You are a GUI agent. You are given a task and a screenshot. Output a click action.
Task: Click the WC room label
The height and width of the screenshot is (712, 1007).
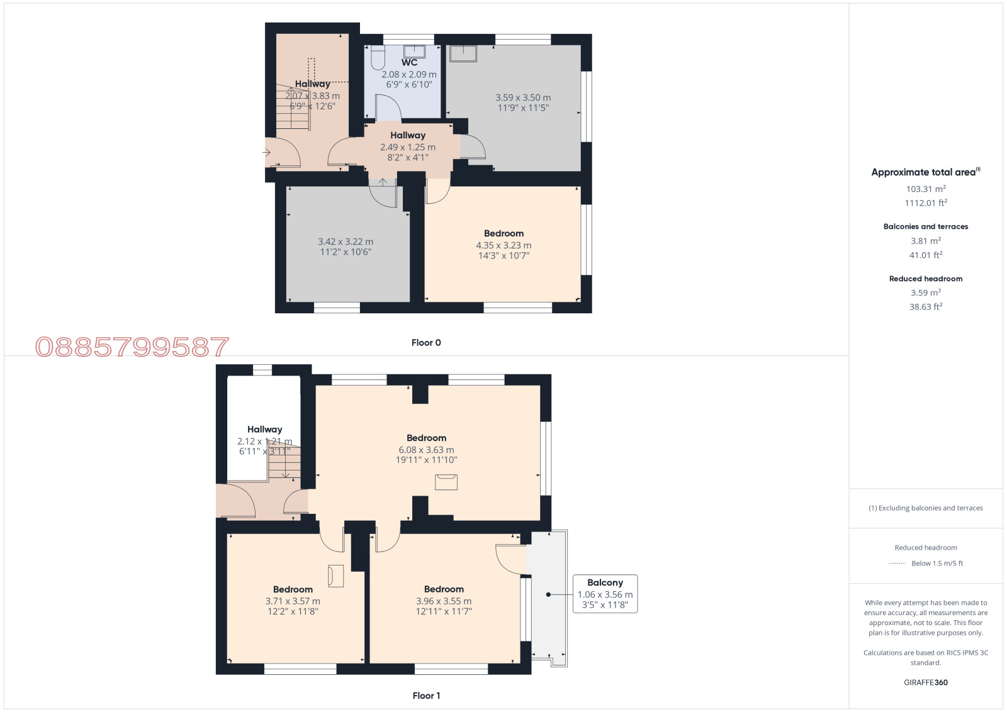(x=409, y=62)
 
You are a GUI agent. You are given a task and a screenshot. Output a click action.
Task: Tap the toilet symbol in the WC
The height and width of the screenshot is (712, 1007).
(x=378, y=57)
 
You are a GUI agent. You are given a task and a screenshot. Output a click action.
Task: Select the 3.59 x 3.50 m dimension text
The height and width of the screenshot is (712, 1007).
(x=523, y=97)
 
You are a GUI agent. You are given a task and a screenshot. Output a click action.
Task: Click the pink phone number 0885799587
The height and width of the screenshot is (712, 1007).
(x=132, y=347)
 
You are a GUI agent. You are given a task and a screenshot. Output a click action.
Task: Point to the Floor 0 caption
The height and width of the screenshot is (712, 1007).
(x=426, y=343)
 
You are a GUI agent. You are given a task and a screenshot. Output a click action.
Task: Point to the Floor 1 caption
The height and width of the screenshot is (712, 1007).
(x=426, y=696)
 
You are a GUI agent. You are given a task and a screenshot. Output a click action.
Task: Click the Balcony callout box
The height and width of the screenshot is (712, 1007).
(x=605, y=594)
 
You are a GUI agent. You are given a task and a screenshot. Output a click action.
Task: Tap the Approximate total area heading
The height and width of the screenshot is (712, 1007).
(x=926, y=172)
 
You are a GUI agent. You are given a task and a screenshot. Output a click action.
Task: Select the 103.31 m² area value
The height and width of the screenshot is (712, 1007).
(x=926, y=189)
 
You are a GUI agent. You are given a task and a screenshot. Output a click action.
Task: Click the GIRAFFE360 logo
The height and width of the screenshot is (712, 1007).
(x=926, y=682)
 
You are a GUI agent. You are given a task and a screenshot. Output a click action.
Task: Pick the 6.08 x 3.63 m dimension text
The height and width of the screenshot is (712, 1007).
(x=426, y=450)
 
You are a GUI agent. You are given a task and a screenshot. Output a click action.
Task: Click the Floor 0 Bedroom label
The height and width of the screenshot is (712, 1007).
(x=503, y=233)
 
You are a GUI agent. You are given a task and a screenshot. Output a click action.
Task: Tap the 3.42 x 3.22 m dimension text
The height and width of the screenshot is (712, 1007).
(x=346, y=242)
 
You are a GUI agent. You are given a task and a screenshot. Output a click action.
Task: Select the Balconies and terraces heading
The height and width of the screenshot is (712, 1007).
(x=926, y=226)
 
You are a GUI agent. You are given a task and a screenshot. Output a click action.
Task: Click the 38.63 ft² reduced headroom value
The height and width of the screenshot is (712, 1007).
(x=926, y=307)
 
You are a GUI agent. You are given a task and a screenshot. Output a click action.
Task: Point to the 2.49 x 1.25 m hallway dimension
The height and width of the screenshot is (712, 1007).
(x=408, y=147)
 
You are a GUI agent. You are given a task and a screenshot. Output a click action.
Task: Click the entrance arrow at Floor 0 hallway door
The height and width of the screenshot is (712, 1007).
(x=267, y=152)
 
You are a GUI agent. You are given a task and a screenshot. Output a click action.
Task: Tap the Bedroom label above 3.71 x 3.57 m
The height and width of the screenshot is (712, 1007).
(x=293, y=589)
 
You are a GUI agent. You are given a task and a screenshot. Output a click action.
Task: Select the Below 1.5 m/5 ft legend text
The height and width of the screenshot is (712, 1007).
(x=937, y=564)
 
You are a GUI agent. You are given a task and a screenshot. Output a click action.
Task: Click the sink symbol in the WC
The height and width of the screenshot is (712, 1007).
(x=414, y=51)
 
